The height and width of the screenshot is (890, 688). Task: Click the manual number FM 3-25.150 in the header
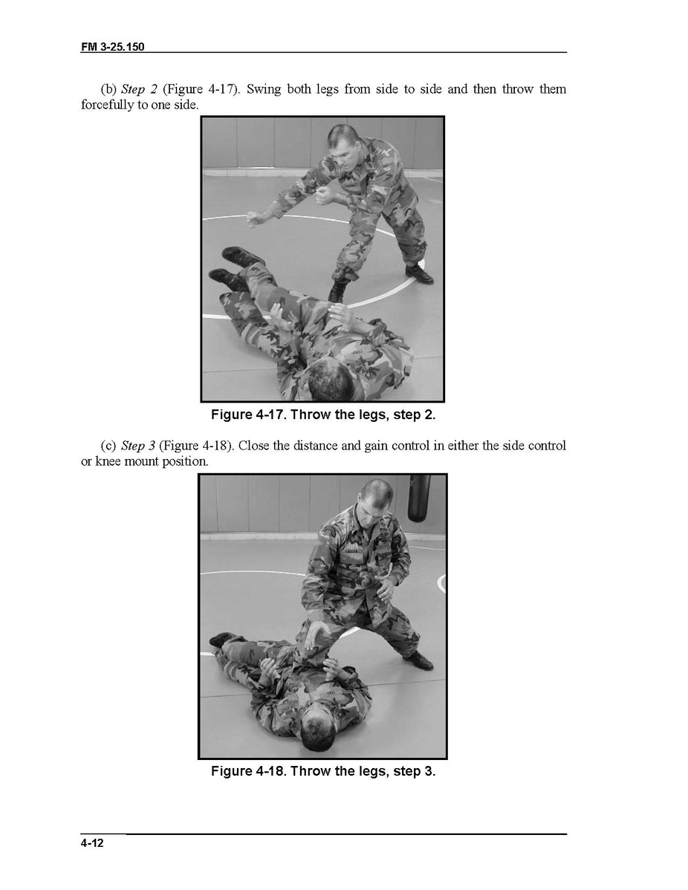pos(112,47)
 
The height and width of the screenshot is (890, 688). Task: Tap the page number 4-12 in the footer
pos(92,843)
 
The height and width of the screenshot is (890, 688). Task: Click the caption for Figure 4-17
pos(323,415)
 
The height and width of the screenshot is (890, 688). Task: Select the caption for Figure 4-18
pos(323,771)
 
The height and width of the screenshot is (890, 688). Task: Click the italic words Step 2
pos(139,89)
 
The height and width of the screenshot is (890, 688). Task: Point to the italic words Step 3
pos(138,446)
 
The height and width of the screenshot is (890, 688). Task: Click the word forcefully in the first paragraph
pos(107,105)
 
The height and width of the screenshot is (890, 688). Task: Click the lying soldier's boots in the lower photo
pos(225,641)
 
